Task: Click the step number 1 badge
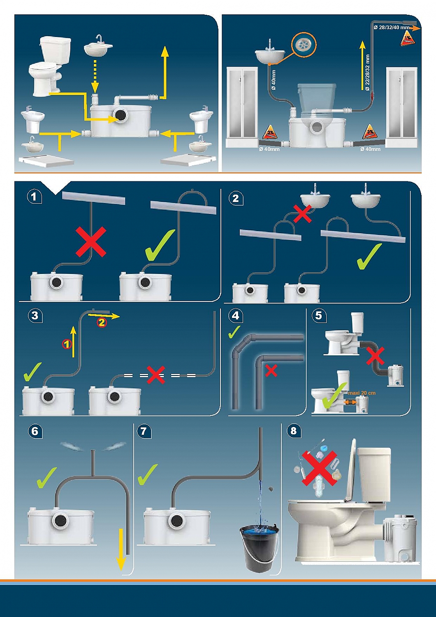tap(34, 197)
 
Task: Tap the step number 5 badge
tap(318, 315)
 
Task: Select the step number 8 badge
tap(293, 431)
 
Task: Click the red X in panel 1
tap(91, 241)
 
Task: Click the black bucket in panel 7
tap(259, 547)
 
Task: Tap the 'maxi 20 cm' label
tap(362, 393)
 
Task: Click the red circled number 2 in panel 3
tap(102, 322)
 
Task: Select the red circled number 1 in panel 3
tap(67, 343)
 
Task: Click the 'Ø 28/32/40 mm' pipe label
tap(392, 27)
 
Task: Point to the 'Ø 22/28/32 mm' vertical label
tap(367, 72)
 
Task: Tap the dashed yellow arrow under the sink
tap(95, 76)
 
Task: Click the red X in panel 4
tap(271, 371)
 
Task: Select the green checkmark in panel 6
tap(46, 477)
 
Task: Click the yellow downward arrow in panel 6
tap(121, 549)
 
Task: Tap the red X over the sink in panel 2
tap(302, 214)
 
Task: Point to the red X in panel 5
tap(375, 356)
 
